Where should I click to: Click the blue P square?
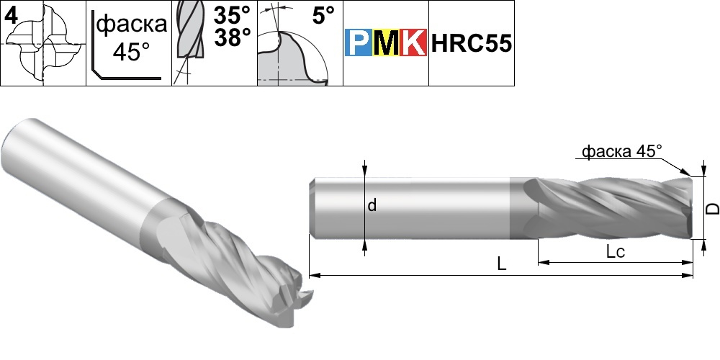click(x=359, y=42)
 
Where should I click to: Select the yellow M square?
click(x=386, y=42)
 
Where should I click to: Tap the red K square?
click(x=413, y=42)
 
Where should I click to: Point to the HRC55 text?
click(x=471, y=44)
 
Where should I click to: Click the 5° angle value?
click(x=323, y=16)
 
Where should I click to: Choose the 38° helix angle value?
click(x=233, y=37)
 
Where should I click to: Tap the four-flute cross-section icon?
click(x=44, y=45)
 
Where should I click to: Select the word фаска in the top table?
click(x=132, y=23)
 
